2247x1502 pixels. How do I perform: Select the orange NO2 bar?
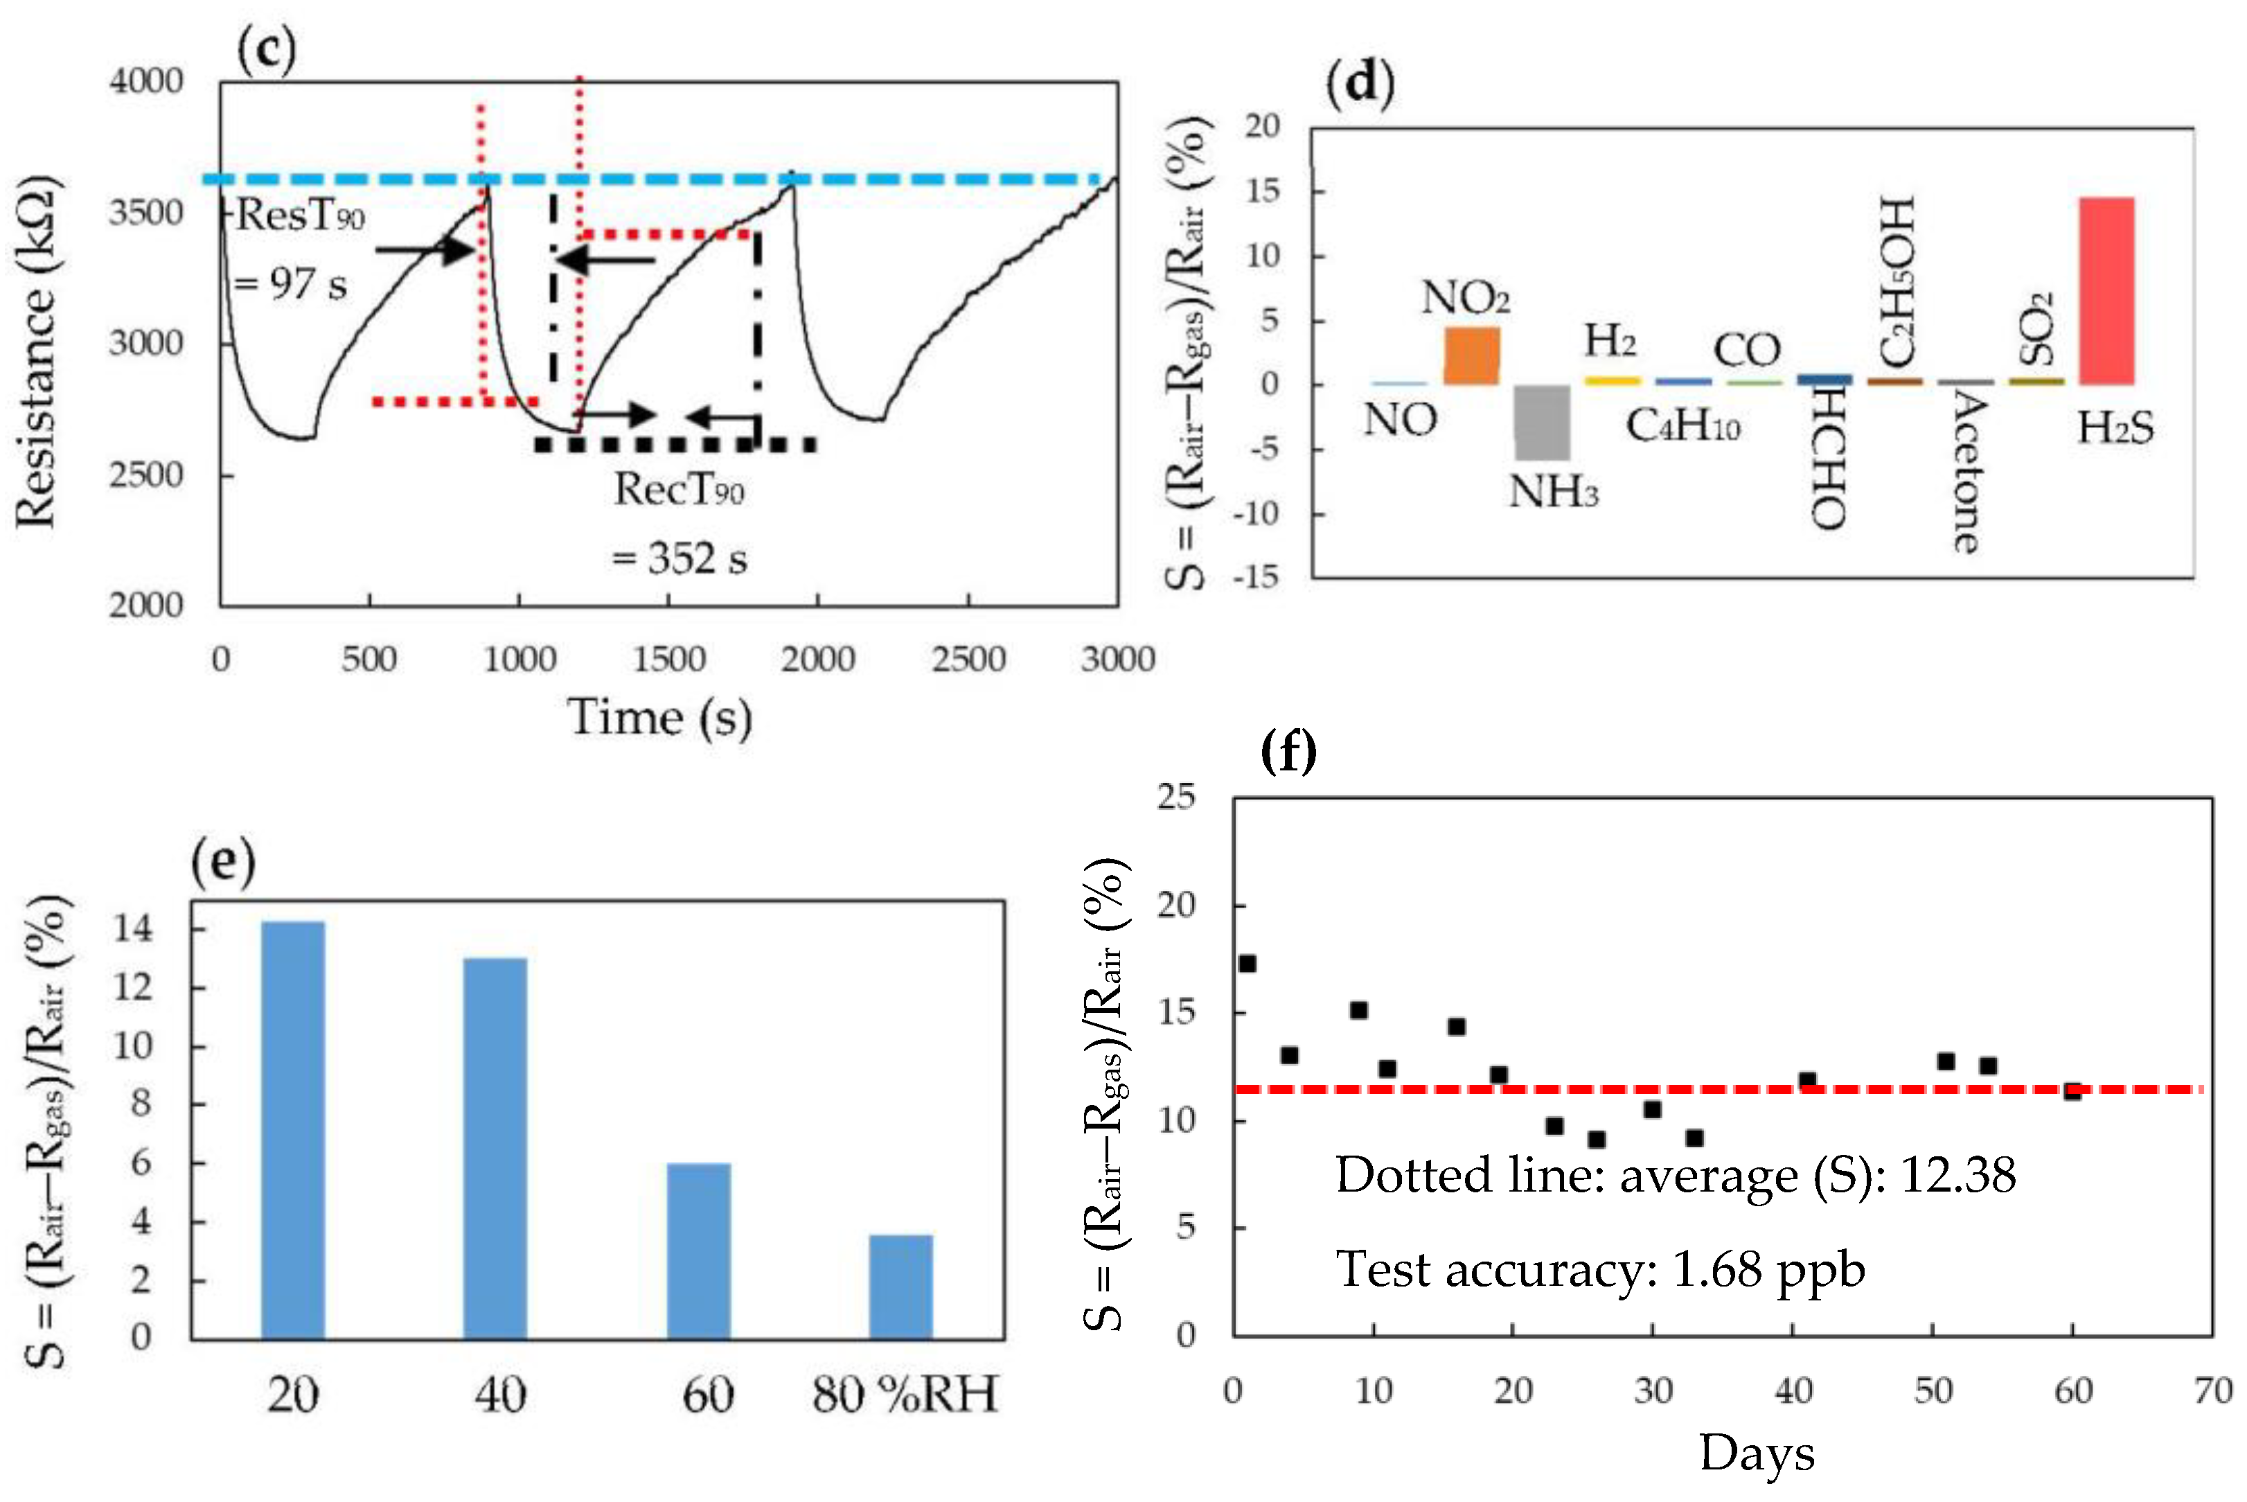1471,356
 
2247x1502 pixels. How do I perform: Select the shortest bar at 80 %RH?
900,1287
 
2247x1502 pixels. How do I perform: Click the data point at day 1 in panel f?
1247,964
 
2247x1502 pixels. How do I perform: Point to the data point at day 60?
2072,1091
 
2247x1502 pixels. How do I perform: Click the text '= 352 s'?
679,559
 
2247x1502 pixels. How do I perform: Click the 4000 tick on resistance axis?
145,82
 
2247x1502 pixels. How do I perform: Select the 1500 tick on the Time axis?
668,659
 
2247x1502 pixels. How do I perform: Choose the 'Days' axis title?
1757,1453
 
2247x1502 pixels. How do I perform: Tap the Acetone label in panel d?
1965,470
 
